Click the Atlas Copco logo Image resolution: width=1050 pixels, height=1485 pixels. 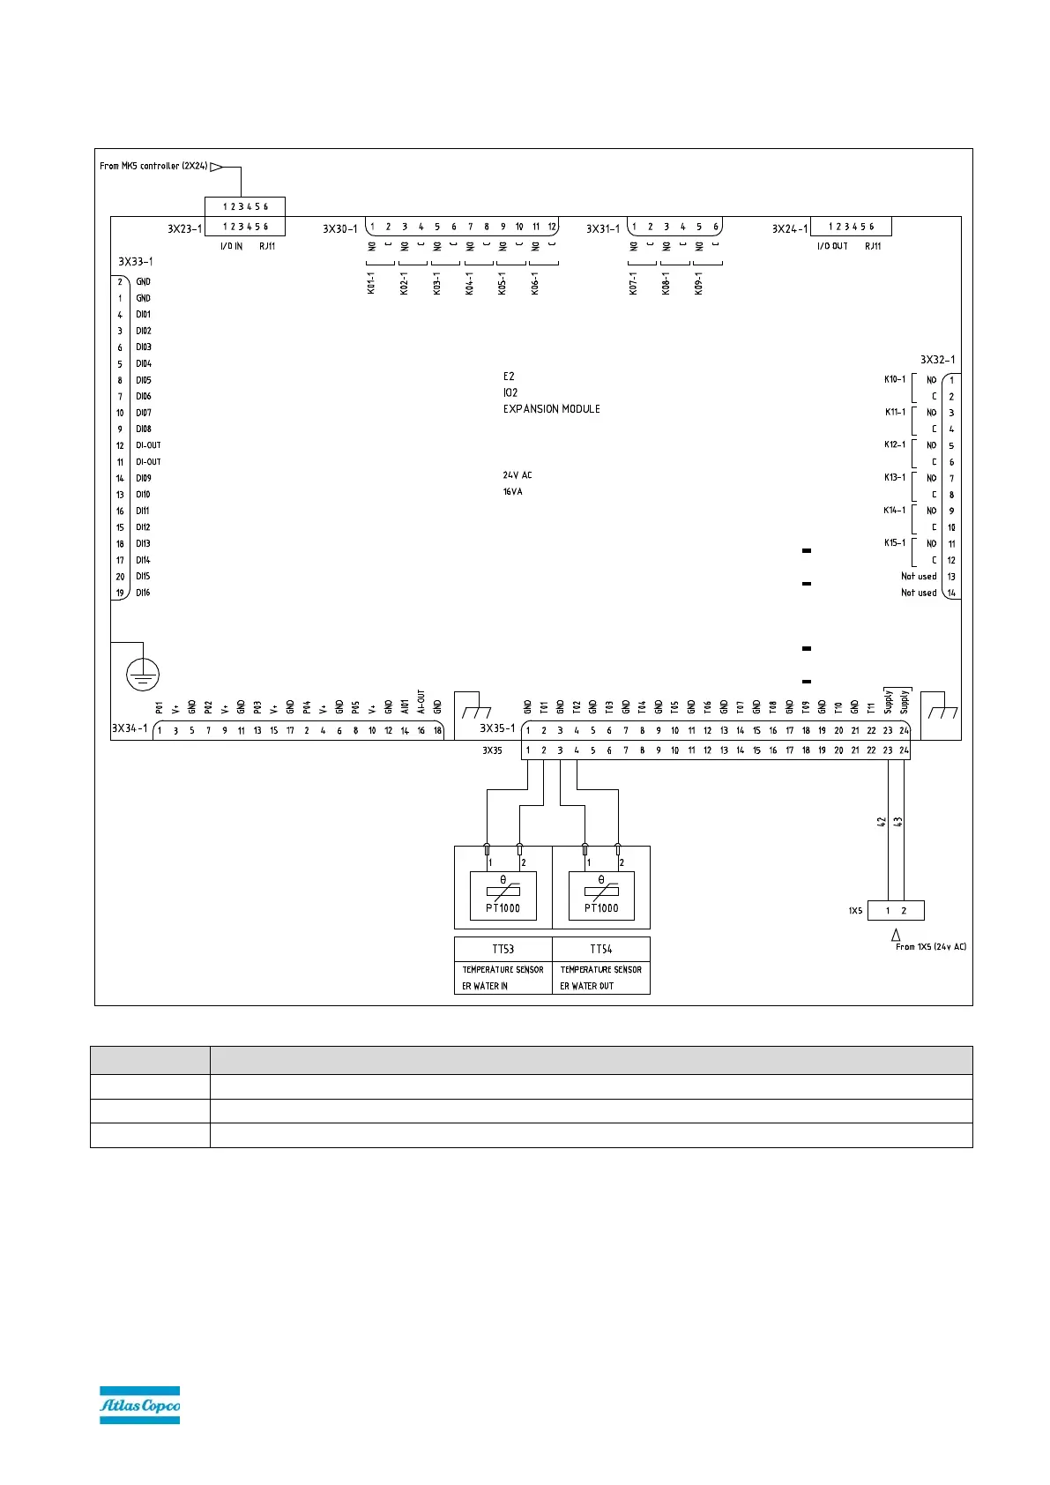139,1404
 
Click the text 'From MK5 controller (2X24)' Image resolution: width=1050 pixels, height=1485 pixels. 153,166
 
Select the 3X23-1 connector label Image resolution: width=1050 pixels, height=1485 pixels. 184,228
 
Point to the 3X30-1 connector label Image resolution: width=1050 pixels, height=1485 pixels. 339,229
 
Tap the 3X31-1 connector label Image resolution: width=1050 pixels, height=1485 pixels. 604,229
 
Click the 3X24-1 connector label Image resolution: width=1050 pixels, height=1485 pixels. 789,229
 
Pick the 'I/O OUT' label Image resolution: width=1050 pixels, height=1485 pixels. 832,246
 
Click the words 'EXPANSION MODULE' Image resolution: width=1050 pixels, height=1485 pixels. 551,409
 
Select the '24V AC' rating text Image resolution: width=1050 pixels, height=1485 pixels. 518,475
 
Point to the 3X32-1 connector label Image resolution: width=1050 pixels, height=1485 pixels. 937,360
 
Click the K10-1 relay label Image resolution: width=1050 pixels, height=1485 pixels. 894,379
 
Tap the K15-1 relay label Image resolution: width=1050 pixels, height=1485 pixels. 894,543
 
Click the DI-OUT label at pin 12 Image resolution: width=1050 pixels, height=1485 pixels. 148,445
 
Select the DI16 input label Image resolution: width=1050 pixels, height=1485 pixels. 143,593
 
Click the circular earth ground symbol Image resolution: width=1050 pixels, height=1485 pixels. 143,675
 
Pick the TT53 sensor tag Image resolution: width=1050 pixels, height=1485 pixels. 503,949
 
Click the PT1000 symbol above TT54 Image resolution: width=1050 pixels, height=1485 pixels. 601,895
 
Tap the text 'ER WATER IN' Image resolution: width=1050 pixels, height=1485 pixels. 485,986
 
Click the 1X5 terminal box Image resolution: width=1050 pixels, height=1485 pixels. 896,911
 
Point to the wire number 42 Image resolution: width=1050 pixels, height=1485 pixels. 882,821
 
